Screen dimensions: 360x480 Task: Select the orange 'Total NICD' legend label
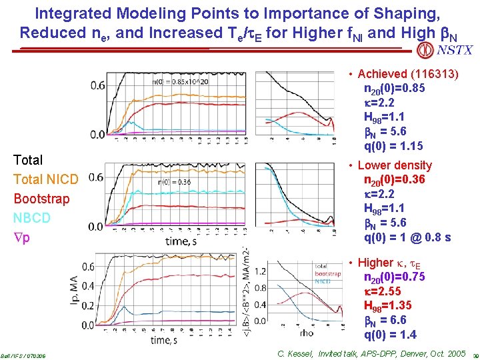coord(46,179)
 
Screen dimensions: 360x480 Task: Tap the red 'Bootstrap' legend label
coord(41,199)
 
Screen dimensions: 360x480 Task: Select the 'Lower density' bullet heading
coord(395,165)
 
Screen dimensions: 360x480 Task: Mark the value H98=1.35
coord(387,305)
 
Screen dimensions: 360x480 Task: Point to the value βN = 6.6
coord(385,320)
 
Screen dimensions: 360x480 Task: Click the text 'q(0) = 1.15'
coord(393,146)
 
